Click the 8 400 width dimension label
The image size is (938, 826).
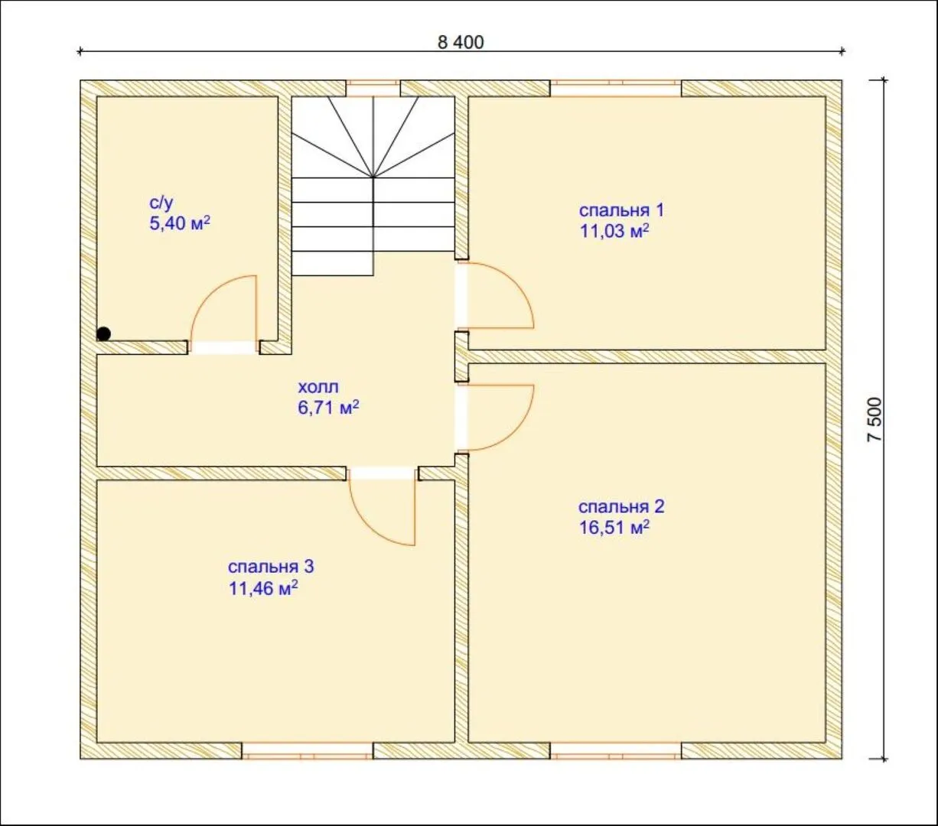(461, 43)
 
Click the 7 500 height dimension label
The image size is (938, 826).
(874, 420)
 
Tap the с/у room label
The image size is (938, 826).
(161, 203)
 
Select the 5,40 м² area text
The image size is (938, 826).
(180, 223)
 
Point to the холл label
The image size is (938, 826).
(318, 387)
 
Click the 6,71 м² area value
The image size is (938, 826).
(328, 408)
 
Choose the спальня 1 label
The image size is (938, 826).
(621, 210)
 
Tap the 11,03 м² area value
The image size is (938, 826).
(614, 231)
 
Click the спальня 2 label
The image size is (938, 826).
(621, 507)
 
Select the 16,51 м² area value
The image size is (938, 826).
(614, 528)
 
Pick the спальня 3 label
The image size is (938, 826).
(271, 567)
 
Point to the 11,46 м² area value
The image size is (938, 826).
(263, 589)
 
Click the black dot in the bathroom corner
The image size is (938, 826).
(104, 333)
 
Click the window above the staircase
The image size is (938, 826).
(373, 89)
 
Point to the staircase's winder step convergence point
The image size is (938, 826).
(373, 177)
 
